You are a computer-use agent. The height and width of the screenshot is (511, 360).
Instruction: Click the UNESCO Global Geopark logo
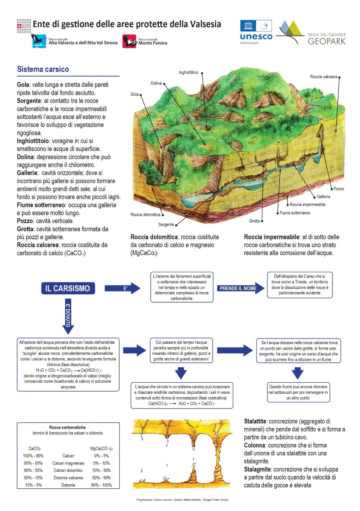coord(256,32)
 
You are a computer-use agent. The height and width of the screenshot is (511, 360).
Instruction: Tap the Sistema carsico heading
coord(43,69)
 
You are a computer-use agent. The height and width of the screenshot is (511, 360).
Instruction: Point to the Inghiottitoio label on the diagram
coord(189,72)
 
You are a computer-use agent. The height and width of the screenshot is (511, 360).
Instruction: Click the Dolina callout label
coord(156,83)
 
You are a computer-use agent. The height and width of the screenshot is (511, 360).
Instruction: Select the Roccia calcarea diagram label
coord(324,77)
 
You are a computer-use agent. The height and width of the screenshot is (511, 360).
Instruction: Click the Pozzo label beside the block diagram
coord(339,189)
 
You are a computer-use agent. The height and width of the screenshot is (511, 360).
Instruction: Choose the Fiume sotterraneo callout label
coord(295,213)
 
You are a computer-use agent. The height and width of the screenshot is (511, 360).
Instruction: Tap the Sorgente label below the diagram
coord(166,225)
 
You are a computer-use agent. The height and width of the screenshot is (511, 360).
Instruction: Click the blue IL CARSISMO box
coord(68,288)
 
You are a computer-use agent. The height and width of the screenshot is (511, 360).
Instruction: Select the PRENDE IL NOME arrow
coord(240,288)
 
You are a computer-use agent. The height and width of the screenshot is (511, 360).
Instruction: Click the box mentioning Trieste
coord(300,285)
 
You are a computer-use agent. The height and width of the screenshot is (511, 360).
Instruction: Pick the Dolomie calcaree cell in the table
coord(68,478)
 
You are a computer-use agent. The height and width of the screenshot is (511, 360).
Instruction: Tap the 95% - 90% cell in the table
coord(33,463)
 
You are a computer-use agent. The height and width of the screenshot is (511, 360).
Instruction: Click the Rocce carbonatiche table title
coord(67,427)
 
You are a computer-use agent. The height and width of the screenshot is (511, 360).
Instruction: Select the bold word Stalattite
coord(255,421)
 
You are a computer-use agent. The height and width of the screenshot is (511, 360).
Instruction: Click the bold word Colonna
coord(254,445)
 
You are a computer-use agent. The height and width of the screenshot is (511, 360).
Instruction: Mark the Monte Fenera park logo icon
coord(129,41)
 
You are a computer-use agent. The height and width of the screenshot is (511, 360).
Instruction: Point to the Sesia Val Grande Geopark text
coord(327,39)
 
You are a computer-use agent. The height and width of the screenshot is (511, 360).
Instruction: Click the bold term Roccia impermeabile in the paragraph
coord(272,237)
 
